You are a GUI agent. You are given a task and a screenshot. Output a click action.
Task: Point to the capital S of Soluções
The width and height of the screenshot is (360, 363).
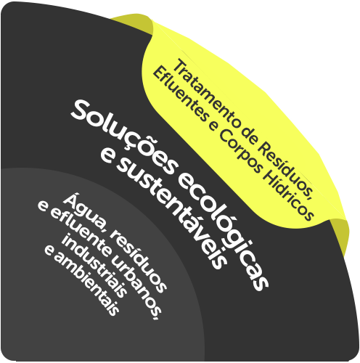(x=82, y=112)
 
